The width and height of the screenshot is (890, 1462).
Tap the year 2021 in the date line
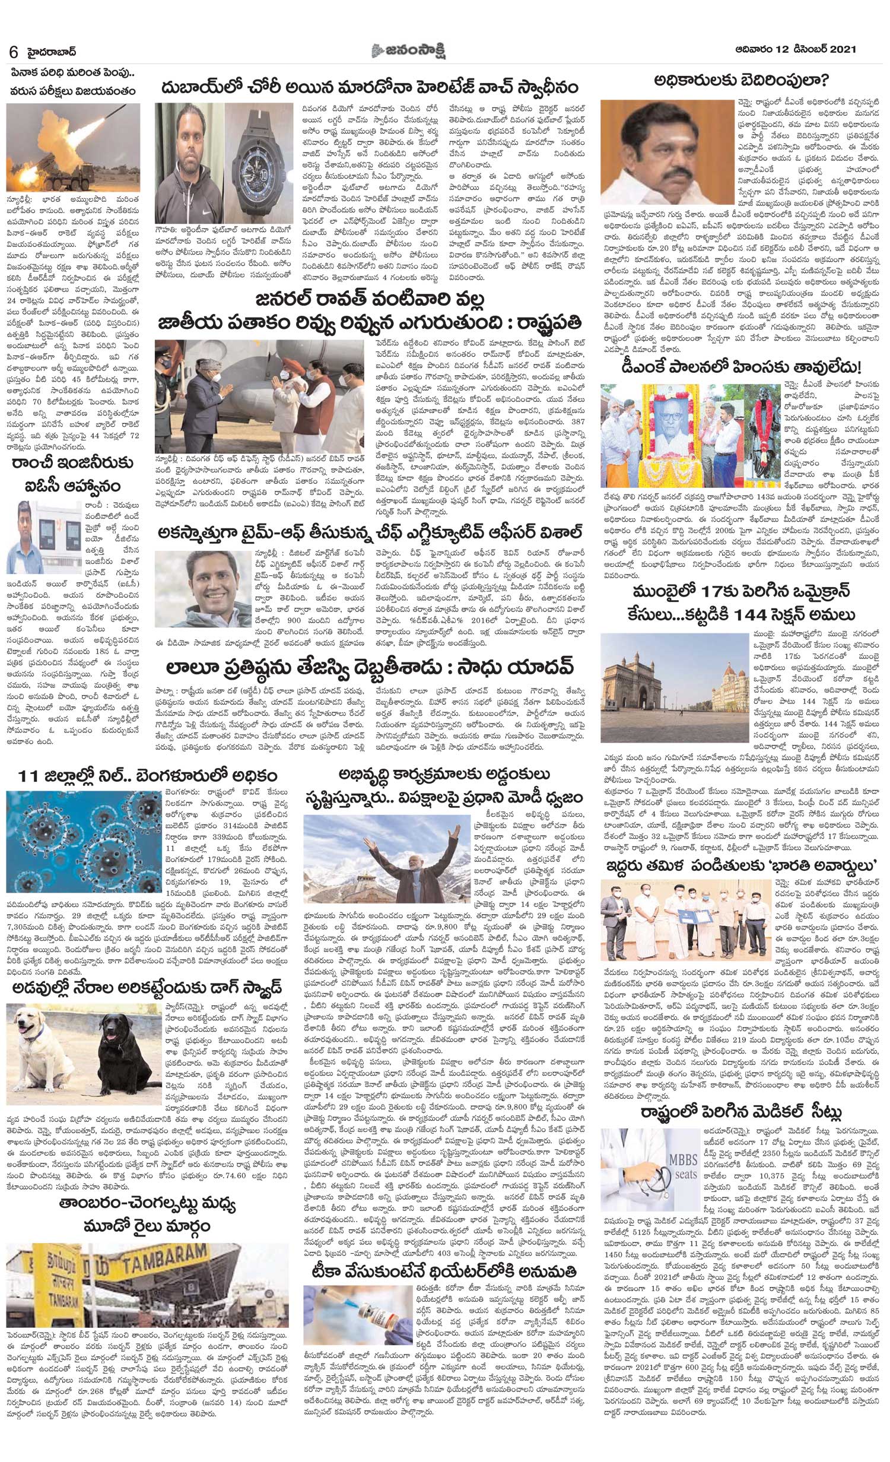coord(840,51)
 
